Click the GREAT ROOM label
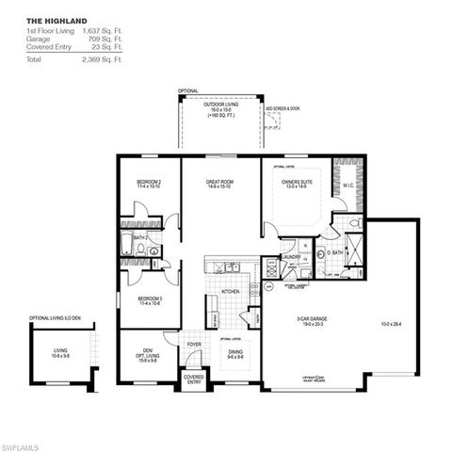[220, 182]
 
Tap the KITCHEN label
[231, 292]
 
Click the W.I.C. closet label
[347, 185]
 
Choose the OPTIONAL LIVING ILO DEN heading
[55, 318]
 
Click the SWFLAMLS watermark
[22, 443]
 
